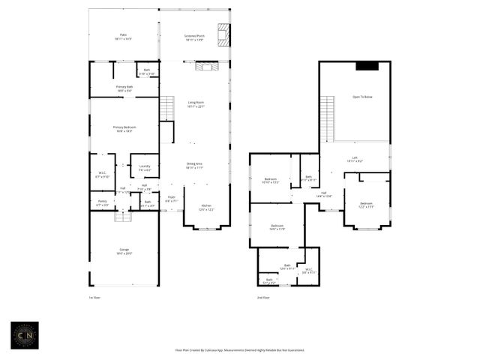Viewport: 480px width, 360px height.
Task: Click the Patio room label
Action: click(124, 36)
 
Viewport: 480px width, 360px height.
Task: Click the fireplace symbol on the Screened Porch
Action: click(223, 34)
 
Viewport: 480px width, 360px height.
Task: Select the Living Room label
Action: click(196, 104)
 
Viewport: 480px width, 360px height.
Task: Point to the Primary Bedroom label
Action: click(124, 129)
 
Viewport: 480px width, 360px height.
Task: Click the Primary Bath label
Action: click(124, 88)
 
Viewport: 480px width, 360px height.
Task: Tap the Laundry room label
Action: click(145, 167)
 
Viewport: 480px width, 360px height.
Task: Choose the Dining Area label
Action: click(195, 166)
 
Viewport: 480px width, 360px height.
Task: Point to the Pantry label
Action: click(102, 203)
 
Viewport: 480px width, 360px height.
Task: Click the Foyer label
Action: click(171, 199)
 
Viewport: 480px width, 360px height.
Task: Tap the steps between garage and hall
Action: click(123, 217)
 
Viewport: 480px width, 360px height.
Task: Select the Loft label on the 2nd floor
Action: click(354, 160)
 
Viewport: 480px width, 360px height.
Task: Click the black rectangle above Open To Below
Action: click(367, 66)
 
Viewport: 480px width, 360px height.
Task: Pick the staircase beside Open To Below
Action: click(327, 120)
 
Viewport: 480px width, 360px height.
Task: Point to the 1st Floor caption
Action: click(94, 298)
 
